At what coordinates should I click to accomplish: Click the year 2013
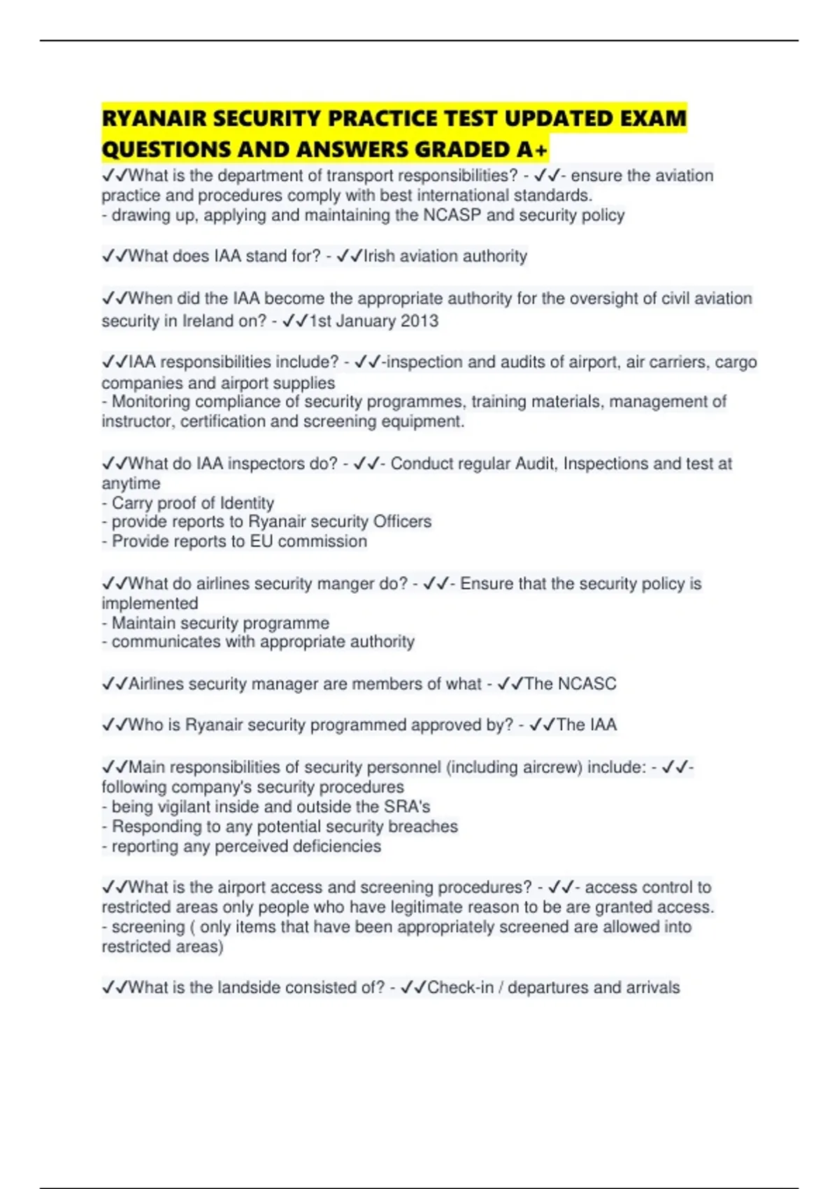click(419, 321)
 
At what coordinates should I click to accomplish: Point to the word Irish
click(380, 256)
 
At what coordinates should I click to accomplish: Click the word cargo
click(736, 362)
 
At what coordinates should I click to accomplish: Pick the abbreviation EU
click(261, 541)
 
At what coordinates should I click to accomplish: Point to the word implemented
click(150, 604)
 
